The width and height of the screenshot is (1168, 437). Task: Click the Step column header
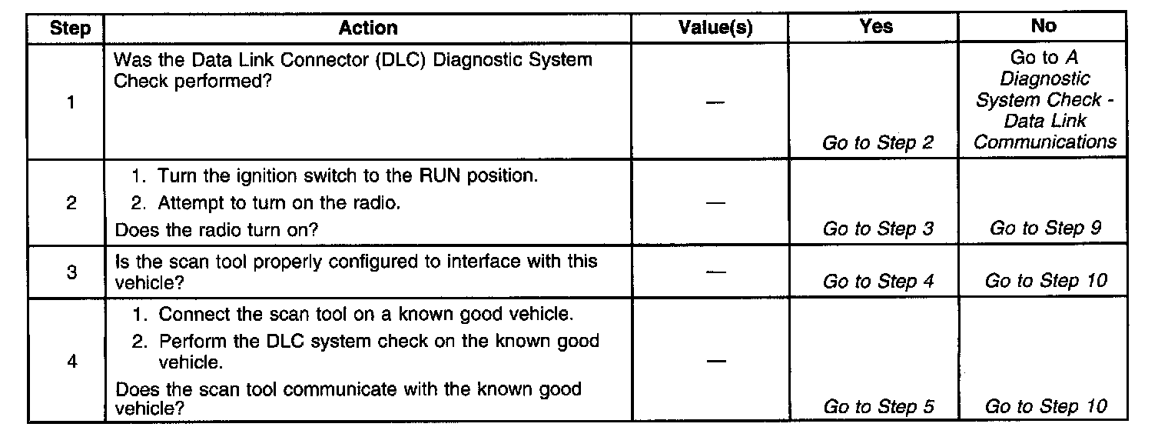70,29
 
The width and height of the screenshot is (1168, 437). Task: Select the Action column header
368,29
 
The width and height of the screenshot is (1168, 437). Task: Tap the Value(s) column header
715,29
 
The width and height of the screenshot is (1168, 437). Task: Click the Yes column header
877,27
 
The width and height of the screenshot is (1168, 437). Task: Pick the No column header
1043,26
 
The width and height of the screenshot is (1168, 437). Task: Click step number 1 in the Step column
71,102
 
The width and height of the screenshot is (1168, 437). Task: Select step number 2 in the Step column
71,205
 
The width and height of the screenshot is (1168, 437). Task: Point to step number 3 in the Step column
71,272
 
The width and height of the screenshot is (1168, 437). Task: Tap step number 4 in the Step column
72,362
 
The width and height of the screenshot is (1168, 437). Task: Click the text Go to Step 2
878,143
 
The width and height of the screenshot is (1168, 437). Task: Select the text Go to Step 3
878,229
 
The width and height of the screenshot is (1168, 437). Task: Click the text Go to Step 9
1045,228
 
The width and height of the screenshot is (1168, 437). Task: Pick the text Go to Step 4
878,282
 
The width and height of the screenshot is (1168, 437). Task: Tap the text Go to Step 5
878,406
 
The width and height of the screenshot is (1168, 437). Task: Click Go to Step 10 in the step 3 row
1046,281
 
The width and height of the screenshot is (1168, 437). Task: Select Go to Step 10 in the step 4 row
1046,406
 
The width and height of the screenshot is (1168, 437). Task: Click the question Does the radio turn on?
216,229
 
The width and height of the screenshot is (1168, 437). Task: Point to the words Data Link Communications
1045,132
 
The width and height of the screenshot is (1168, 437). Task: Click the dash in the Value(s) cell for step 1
715,102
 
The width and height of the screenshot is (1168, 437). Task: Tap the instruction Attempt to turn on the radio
279,203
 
